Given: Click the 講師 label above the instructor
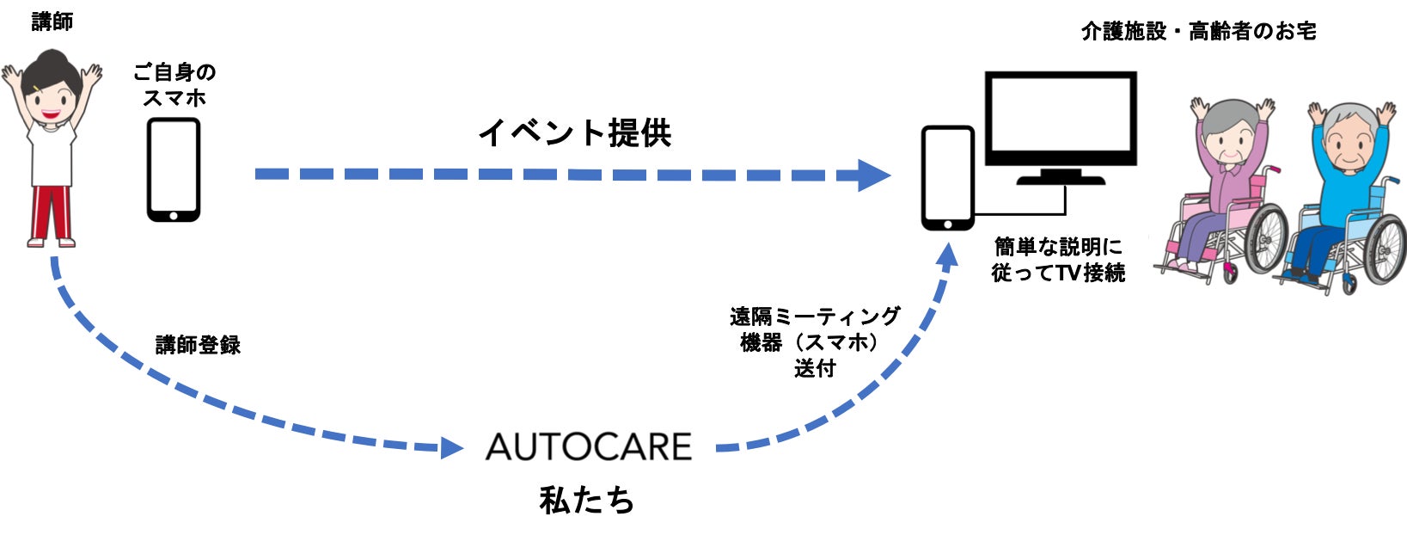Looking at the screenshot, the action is (52, 22).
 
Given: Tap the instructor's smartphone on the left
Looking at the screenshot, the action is (174, 169).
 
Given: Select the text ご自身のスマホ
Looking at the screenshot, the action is (174, 85).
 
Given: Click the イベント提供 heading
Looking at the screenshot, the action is (575, 132).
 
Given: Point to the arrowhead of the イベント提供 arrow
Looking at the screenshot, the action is (874, 175).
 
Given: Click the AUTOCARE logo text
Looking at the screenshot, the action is (589, 447).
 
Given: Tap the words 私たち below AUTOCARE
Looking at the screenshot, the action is (587, 501).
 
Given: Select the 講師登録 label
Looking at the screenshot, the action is (198, 345).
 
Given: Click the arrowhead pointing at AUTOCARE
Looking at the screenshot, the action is (451, 448).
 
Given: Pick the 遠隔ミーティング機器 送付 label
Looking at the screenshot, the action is (816, 342).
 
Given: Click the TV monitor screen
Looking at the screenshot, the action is (1061, 118).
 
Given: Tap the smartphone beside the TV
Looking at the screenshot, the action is (948, 178).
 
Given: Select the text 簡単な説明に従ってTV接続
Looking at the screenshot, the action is (1058, 260).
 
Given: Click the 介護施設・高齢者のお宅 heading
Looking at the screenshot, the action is (1198, 31).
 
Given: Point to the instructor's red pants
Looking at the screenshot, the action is (52, 214).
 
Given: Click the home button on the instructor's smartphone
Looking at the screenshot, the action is (174, 216).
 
